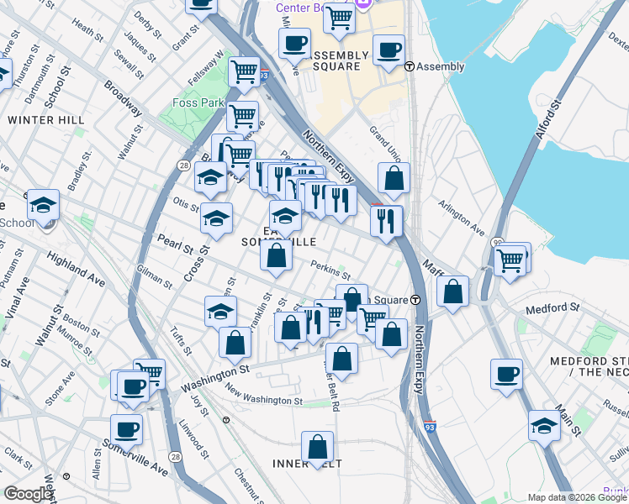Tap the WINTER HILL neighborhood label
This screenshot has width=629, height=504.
point(46,120)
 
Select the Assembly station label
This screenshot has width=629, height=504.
point(440,67)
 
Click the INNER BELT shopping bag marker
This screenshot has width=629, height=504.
point(318,447)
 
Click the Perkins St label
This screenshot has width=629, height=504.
point(330,270)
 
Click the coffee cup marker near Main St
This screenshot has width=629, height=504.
point(506,375)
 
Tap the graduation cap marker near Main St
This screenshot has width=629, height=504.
point(544,425)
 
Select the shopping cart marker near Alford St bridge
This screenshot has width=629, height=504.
point(511,260)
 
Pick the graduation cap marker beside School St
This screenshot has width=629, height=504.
point(43,204)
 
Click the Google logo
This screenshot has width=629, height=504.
point(29,494)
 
